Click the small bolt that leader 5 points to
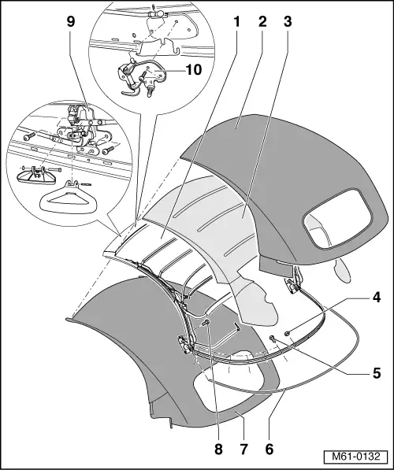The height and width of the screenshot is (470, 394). [x=273, y=339]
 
